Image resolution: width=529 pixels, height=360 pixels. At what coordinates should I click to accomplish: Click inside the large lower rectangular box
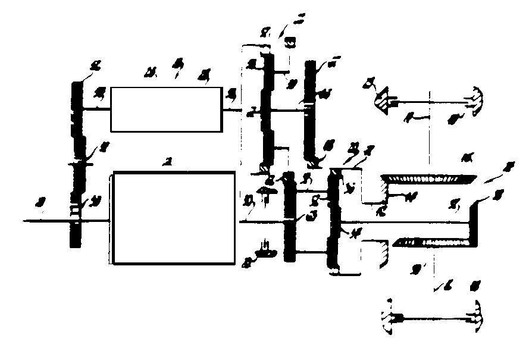point(174,218)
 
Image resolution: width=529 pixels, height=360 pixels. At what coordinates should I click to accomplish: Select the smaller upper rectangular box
point(165,108)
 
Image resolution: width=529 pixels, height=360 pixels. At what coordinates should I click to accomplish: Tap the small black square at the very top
point(290,43)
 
